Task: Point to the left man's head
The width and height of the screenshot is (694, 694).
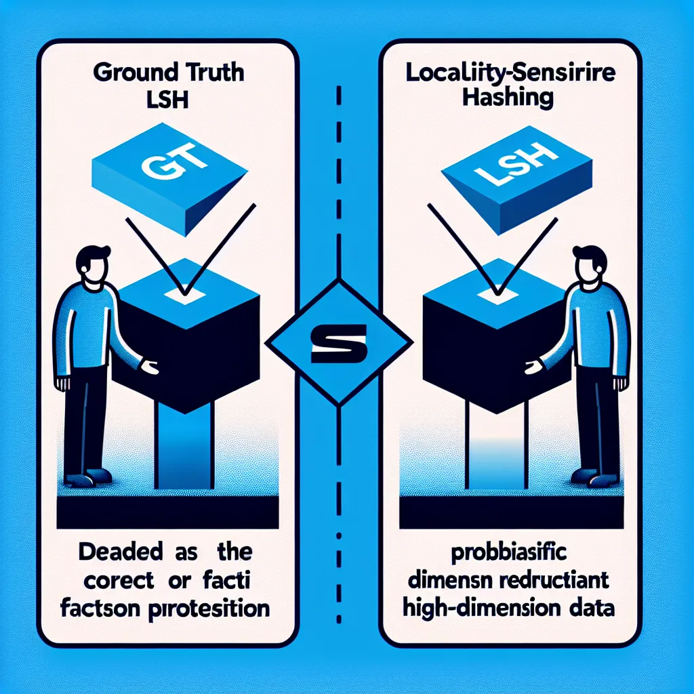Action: (91, 264)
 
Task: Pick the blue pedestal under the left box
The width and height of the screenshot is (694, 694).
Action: (184, 447)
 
